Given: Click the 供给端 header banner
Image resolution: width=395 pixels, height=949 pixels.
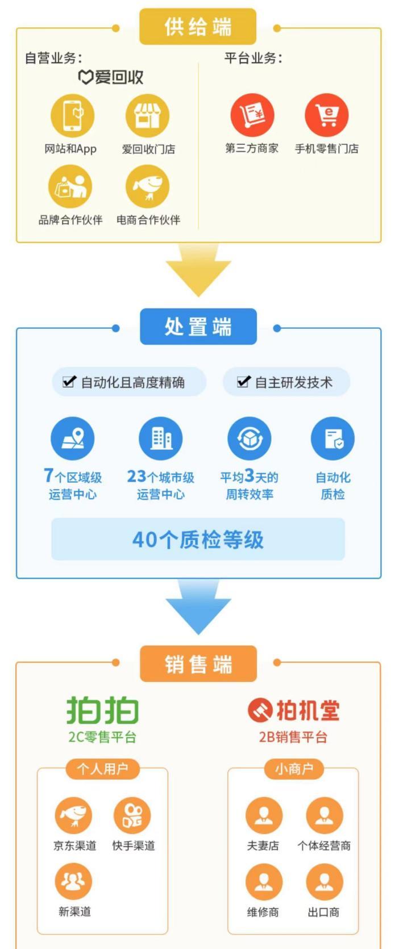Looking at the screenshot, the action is point(198,27).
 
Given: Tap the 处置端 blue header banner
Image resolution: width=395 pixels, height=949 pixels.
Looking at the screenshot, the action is point(198,327).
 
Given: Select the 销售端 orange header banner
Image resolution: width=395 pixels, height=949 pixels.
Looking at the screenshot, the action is point(198,663).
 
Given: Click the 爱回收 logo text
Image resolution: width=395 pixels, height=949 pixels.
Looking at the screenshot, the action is point(111,77).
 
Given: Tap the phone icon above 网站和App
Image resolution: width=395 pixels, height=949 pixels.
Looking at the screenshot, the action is point(72,116).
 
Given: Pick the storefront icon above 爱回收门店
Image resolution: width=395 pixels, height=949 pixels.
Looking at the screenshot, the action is point(147,116).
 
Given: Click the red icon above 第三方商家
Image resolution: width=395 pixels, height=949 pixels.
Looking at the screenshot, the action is point(252,115).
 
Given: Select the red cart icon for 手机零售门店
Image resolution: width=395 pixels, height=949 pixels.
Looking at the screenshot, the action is point(326,115).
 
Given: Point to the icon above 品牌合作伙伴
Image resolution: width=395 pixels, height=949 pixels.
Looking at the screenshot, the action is point(70,187).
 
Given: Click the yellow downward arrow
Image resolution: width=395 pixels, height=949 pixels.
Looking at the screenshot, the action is point(198,270).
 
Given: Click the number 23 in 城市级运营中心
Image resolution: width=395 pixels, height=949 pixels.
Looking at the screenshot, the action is point(136,476).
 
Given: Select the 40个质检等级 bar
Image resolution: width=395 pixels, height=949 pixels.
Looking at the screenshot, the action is point(198,540).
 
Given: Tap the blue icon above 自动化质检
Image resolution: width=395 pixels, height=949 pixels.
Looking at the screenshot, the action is point(332,438).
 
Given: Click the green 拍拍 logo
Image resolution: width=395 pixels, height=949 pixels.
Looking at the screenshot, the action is point(103,709).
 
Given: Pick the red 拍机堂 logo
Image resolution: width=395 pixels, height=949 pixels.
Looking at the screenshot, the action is point(293,710).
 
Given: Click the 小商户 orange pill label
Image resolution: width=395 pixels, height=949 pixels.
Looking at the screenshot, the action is point(293,769).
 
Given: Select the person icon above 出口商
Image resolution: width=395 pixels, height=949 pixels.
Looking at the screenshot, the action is point(324,882).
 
